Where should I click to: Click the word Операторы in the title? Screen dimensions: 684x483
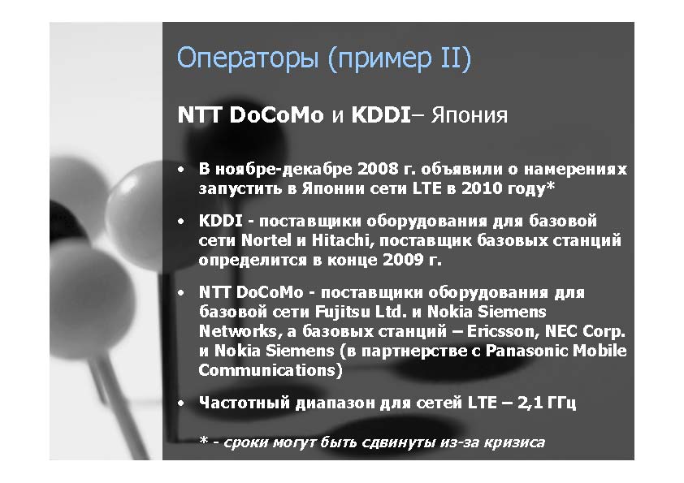247,58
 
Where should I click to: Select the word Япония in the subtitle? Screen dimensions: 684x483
470,116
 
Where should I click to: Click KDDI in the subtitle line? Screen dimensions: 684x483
381,115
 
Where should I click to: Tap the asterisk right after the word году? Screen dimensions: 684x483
551,186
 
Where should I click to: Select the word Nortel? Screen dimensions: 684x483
266,240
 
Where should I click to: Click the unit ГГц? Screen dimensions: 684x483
562,403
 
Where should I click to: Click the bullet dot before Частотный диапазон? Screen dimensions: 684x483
181,403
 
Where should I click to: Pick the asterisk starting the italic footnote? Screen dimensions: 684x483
203,440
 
